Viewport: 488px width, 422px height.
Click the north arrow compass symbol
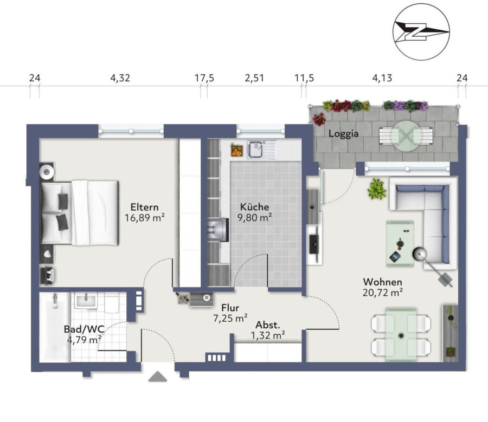coord(421,31)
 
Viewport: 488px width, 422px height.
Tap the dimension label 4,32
coord(120,78)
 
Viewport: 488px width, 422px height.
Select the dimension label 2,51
coord(254,78)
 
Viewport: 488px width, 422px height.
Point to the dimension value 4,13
coord(382,78)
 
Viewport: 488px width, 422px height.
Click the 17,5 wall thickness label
coord(204,78)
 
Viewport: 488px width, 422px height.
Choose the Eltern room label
coord(144,207)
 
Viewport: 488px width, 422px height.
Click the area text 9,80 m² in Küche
coord(255,217)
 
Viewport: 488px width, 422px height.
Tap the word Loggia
coord(344,134)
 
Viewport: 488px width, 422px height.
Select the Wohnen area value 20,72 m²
coord(383,293)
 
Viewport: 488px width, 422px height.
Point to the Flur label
coord(230,308)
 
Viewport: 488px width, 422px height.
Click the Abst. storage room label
coord(268,325)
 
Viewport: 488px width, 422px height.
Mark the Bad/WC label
coord(84,329)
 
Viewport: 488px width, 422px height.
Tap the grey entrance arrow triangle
coord(158,376)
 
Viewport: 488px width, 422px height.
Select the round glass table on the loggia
coord(406,136)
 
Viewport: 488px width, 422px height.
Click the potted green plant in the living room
coord(377,189)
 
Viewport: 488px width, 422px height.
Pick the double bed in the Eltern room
coord(80,213)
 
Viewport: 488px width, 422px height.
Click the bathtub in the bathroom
coord(55,327)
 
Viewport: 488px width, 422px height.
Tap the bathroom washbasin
coord(87,301)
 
